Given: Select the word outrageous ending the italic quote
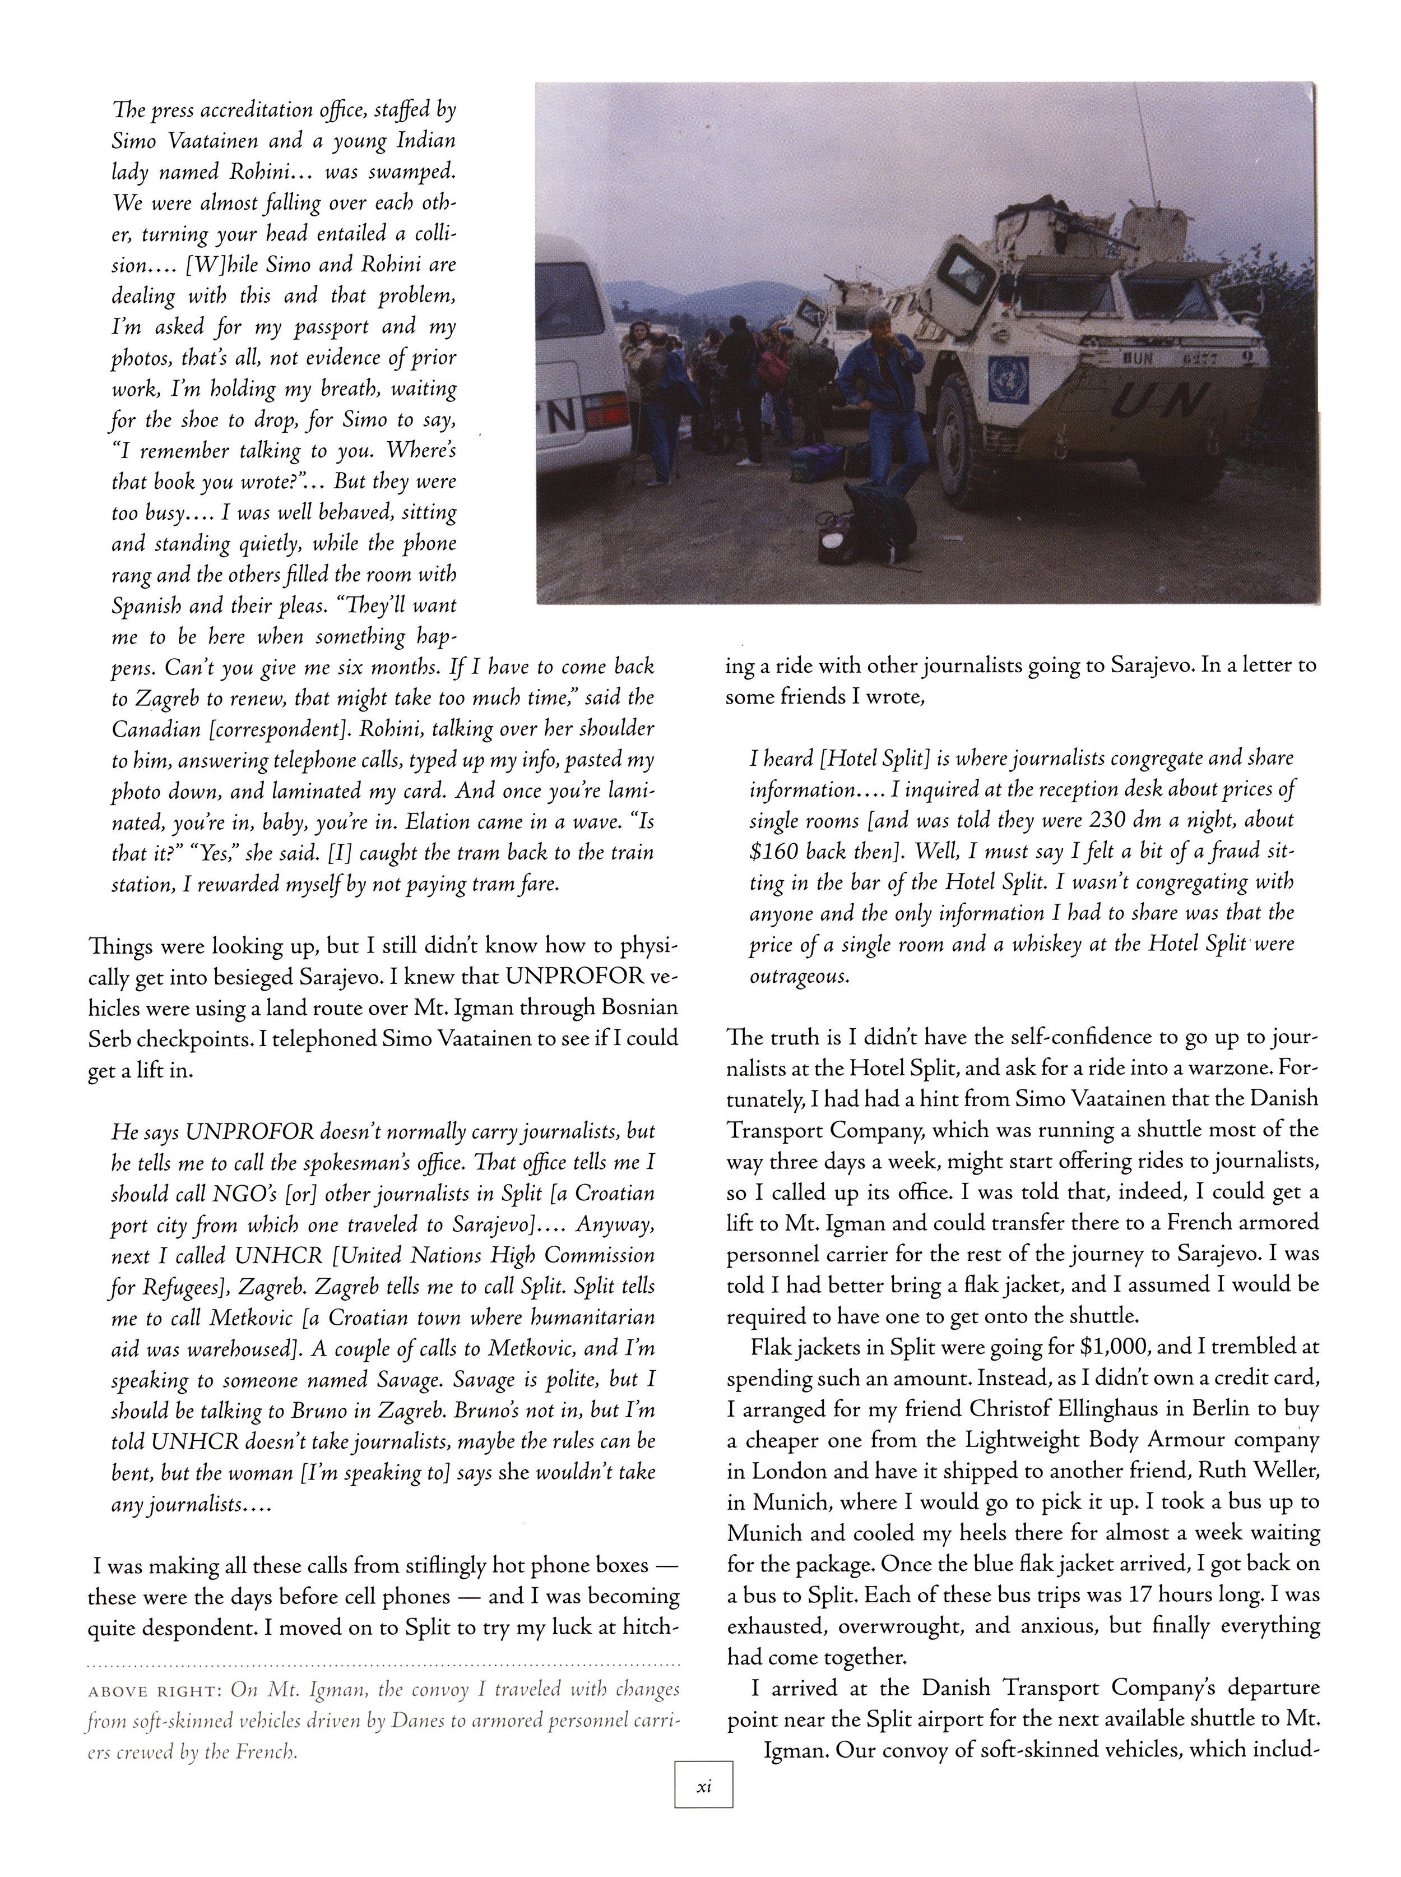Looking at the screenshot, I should [x=798, y=976].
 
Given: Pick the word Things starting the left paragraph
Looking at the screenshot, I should [x=119, y=946].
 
